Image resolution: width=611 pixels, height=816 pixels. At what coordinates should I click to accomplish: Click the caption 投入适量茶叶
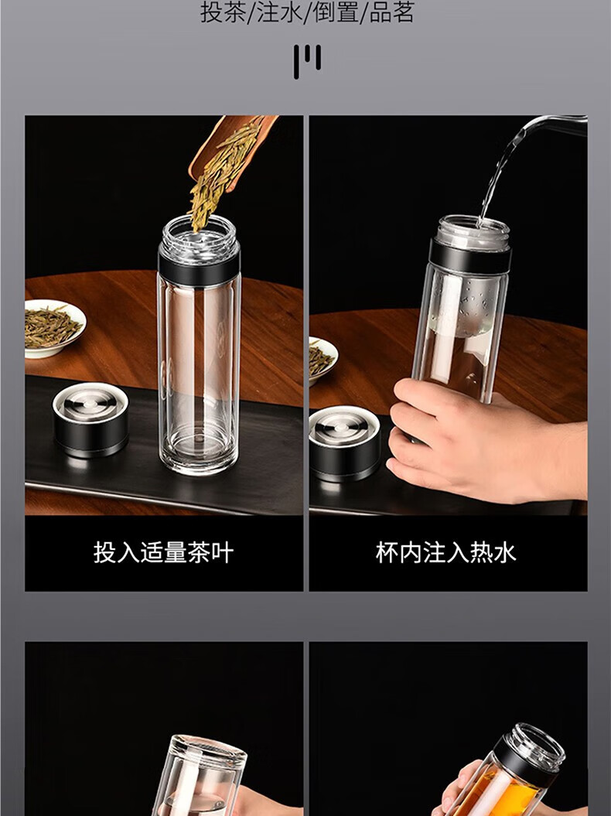point(163,552)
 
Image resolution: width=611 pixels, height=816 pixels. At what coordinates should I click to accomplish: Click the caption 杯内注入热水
point(446,552)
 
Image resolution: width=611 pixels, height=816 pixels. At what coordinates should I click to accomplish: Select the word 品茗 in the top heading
point(392,12)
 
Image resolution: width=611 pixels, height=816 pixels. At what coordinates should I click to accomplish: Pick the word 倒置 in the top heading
point(336,12)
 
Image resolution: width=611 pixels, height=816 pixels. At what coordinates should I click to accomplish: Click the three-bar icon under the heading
point(307,61)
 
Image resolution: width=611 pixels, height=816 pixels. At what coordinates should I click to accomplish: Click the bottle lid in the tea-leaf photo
point(90,419)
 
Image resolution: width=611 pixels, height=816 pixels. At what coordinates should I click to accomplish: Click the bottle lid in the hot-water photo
point(344,444)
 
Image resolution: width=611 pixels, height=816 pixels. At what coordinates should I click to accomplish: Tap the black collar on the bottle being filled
point(470,255)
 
